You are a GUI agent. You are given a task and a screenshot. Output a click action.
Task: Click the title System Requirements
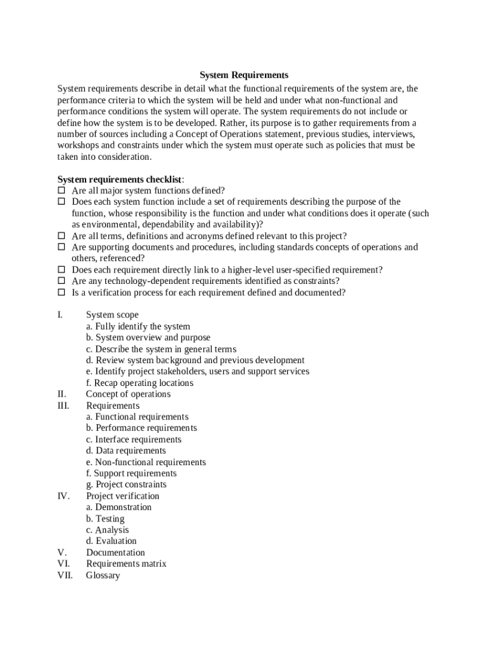coord(244,75)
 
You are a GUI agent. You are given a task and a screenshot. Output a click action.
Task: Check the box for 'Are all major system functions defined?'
coord(61,190)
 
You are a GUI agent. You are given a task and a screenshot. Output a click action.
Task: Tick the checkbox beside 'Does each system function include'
coord(61,202)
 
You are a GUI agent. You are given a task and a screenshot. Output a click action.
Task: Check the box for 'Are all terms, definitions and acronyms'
coord(61,236)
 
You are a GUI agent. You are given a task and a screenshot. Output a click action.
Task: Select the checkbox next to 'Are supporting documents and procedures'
coord(61,247)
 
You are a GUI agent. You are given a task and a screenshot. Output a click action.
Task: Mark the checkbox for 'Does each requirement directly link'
coord(61,270)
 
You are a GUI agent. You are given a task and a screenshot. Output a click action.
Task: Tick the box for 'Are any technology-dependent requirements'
coord(61,281)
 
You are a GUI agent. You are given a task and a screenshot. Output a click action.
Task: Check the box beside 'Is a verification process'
coord(61,292)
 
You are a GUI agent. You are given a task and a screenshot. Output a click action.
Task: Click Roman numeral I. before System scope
coord(60,315)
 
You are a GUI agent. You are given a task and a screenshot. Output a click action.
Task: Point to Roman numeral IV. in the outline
coord(63,496)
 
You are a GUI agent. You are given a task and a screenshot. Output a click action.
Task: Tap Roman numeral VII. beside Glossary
coord(65,575)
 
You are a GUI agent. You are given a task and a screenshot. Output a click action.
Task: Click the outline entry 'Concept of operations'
coord(128,394)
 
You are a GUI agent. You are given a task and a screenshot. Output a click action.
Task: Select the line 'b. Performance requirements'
coord(141,428)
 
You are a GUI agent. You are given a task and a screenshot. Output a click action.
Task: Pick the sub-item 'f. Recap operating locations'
coord(139,383)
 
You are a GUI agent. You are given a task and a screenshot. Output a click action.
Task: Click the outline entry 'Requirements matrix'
coord(126,564)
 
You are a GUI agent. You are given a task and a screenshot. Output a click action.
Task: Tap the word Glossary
coord(103,575)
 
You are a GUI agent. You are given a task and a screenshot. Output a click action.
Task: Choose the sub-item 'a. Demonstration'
coord(119,507)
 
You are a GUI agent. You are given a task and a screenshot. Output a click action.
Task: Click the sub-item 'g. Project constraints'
coord(126,485)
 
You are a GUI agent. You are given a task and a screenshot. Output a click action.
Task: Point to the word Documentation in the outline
coord(115,553)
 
